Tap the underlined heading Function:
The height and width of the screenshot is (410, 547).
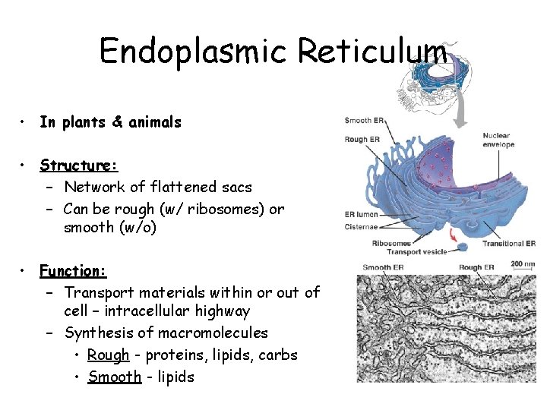coord(73,270)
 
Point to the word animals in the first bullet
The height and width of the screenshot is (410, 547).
coord(156,121)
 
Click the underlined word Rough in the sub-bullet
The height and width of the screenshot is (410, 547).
coord(109,355)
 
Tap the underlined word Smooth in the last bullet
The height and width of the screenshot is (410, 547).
coord(115,377)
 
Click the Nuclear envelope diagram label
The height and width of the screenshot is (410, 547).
coord(498,140)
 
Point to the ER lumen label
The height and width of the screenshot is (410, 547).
coord(361,215)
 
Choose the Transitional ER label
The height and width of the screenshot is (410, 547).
coord(510,244)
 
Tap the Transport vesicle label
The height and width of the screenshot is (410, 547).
coord(418,252)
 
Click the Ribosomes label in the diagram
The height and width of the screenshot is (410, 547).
coord(391,244)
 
